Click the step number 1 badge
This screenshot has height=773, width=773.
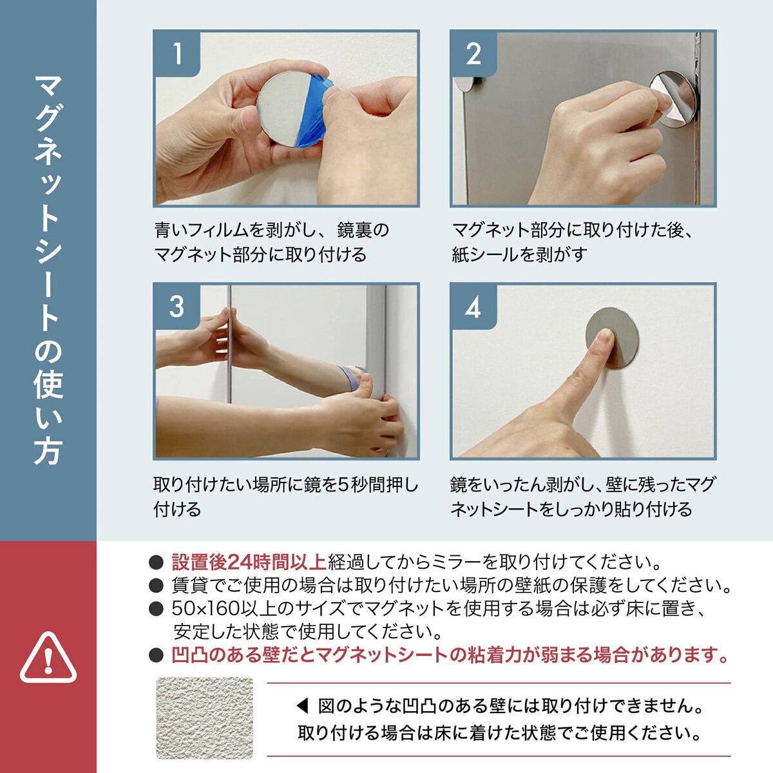point(177,53)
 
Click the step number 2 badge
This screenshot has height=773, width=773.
point(473,53)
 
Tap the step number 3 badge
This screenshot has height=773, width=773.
point(177,307)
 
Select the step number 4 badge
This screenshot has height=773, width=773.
point(473,307)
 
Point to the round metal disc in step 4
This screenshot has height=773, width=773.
point(612,338)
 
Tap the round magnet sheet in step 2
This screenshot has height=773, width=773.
point(673,99)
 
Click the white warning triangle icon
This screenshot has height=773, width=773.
point(48,658)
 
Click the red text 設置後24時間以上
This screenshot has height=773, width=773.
point(249,562)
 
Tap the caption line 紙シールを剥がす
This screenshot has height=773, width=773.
point(519,254)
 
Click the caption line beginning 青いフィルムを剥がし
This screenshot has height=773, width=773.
point(272,230)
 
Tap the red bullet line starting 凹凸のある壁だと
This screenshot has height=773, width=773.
point(450,654)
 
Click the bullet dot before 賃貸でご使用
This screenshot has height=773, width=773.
point(156,586)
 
